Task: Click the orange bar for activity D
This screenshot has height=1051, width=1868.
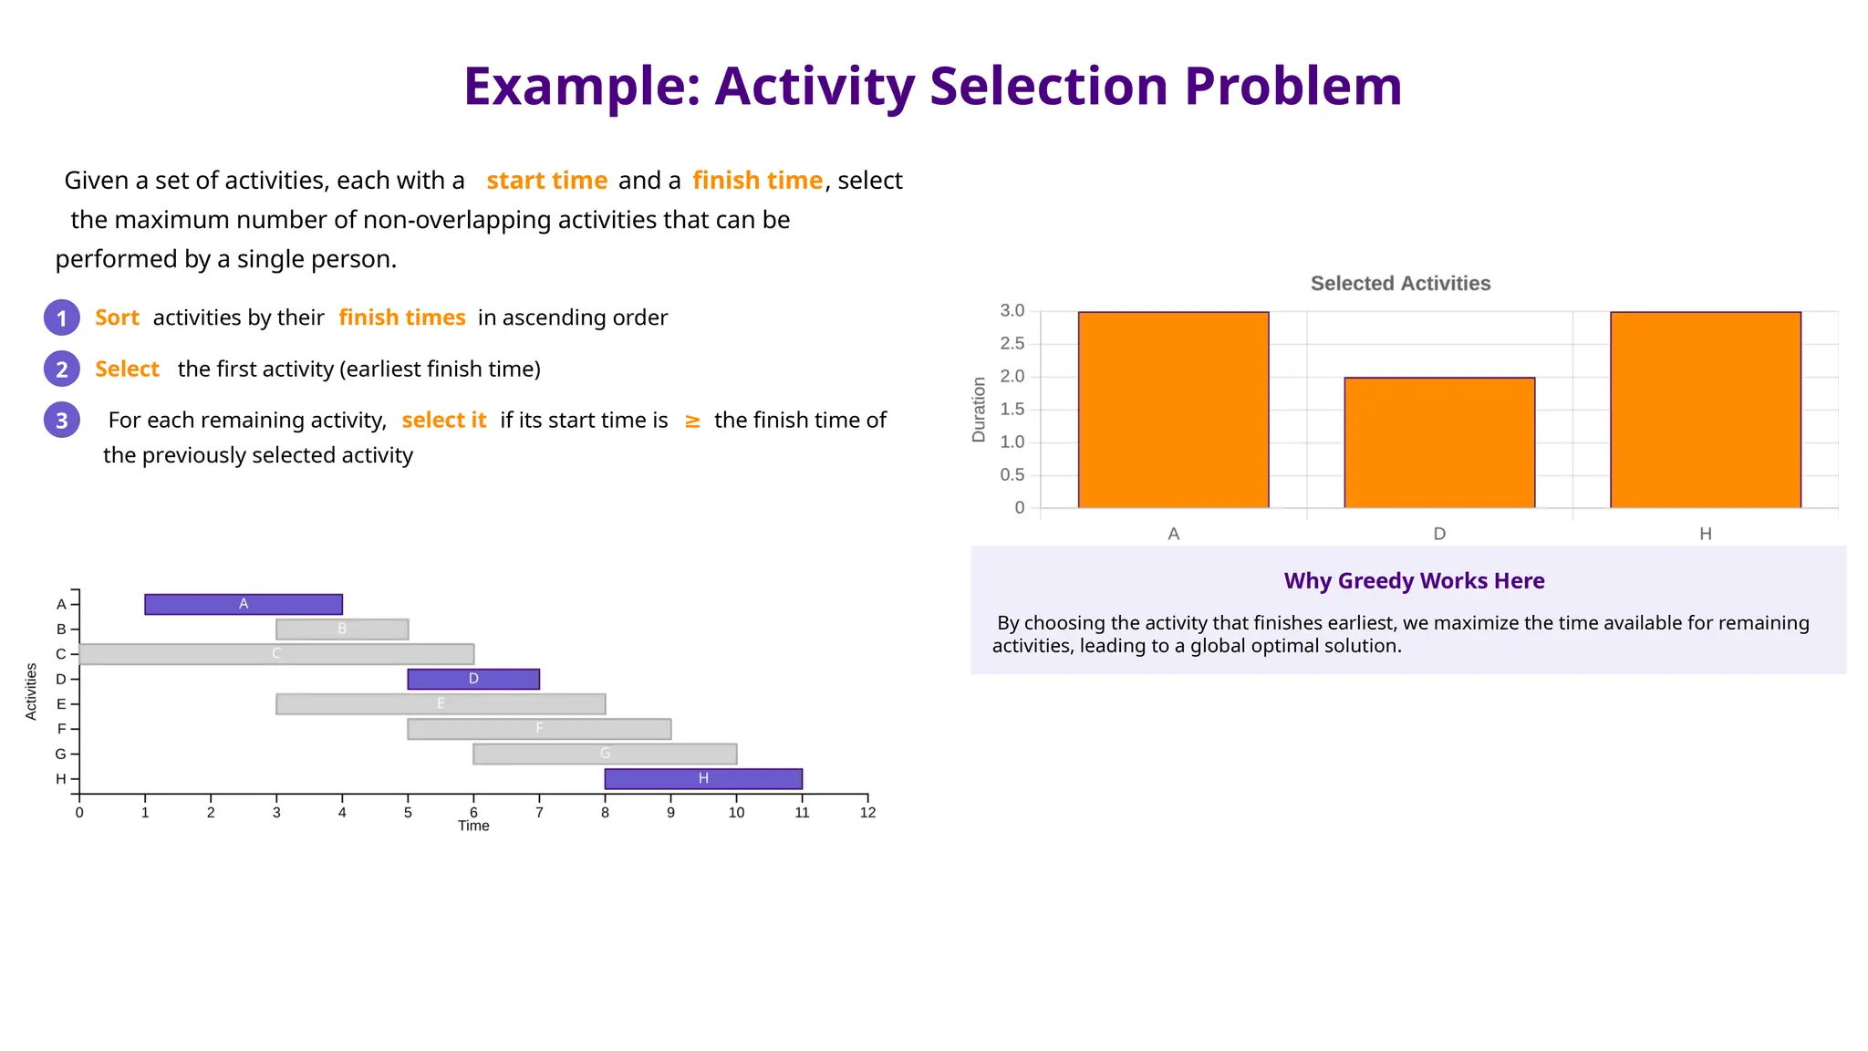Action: pyautogui.click(x=1439, y=442)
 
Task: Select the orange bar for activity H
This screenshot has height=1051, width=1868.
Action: pyautogui.click(x=1705, y=410)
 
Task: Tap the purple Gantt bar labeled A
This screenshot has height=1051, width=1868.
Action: pyautogui.click(x=244, y=604)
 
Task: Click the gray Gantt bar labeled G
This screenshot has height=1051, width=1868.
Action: pyautogui.click(x=605, y=754)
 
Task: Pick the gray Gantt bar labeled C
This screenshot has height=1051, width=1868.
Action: pyautogui.click(x=276, y=654)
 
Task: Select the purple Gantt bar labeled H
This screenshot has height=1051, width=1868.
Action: pyautogui.click(x=703, y=778)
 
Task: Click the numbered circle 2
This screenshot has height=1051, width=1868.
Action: pyautogui.click(x=62, y=369)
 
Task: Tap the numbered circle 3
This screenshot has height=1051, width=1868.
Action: pyautogui.click(x=62, y=421)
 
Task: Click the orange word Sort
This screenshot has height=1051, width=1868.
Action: pyautogui.click(x=117, y=317)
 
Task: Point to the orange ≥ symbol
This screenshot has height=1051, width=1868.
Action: pyautogui.click(x=692, y=421)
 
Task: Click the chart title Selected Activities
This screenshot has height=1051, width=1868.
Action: pyautogui.click(x=1400, y=284)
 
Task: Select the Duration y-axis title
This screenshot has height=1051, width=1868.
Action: pyautogui.click(x=979, y=410)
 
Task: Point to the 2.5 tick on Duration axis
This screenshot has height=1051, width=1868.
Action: pyautogui.click(x=1012, y=344)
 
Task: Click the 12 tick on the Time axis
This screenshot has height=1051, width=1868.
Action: pyautogui.click(x=867, y=813)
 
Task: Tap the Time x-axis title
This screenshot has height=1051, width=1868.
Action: pyautogui.click(x=473, y=827)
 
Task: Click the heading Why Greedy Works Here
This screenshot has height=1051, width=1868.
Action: pyautogui.click(x=1414, y=581)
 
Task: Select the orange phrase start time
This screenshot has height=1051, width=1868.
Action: pyautogui.click(x=546, y=181)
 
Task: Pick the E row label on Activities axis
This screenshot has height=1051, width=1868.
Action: pyautogui.click(x=61, y=704)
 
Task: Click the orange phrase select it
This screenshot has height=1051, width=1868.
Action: pyautogui.click(x=444, y=421)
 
